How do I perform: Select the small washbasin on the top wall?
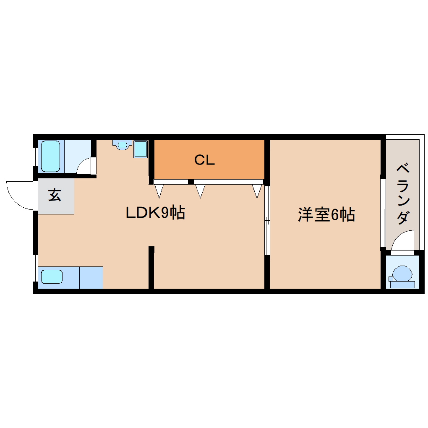pos(122,145)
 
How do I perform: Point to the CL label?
pos(204,160)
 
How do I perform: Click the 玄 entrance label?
pos(55,195)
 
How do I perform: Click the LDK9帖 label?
pos(155,213)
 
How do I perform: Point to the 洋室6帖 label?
pos(326,214)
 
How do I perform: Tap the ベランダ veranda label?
pos(403,194)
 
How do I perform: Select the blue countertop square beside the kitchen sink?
pos(91,277)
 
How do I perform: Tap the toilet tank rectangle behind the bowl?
pos(402,284)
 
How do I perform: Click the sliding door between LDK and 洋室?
pos(267,220)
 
